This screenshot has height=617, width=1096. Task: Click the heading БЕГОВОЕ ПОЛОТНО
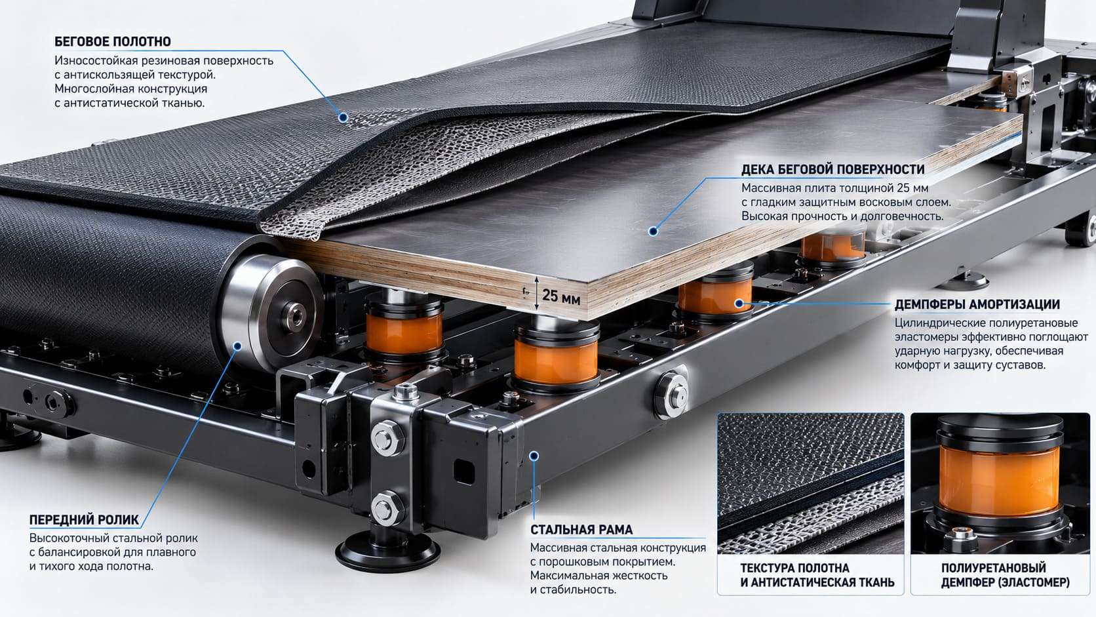pos(113,41)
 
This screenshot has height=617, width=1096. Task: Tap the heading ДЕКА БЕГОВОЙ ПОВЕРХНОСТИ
pos(832,169)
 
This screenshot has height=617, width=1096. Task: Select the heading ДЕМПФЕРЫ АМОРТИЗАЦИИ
pos(977,304)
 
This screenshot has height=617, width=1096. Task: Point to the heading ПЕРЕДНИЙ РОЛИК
pos(84,519)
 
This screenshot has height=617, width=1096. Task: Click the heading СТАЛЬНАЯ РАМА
pos(581,529)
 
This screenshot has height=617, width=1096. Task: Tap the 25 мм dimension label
pos(561,296)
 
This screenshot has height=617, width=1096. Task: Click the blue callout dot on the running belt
pos(343,117)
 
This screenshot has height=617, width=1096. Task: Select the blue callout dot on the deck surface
pos(653,231)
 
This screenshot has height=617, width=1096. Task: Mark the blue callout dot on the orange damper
pos(739,304)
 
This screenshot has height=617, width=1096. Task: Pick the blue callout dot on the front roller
pos(237,346)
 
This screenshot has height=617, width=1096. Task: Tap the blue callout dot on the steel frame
pos(534,456)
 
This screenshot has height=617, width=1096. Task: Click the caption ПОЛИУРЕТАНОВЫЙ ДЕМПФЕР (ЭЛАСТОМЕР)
pos(1006,575)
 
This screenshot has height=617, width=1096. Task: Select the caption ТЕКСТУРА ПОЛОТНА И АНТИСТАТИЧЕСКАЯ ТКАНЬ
pos(817,575)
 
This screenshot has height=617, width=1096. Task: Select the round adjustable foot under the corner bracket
pos(387,552)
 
